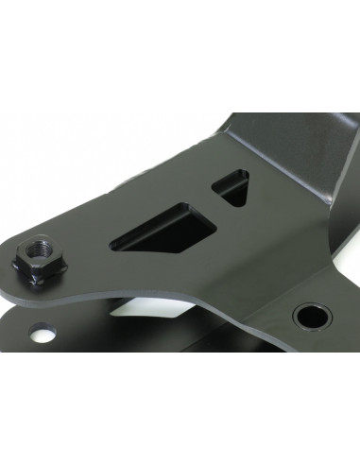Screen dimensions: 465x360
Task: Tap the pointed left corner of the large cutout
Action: (x=113, y=245)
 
